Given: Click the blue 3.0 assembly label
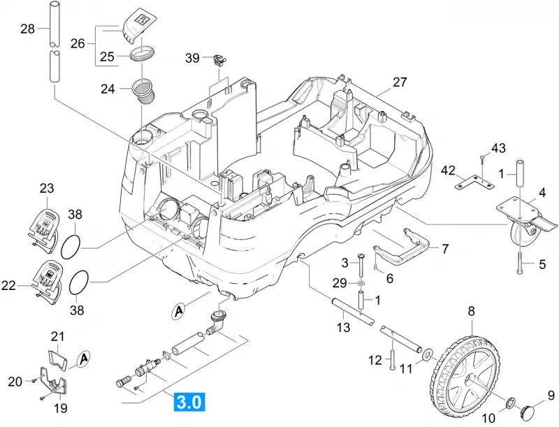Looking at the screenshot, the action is point(189,402).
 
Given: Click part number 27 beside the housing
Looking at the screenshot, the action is point(400,82).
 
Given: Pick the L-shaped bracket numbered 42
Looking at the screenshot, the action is point(474,182).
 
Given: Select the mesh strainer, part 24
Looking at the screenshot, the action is point(144,92).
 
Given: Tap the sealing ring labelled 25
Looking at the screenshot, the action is point(143,55).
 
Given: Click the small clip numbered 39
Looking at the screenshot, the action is point(220,60).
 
